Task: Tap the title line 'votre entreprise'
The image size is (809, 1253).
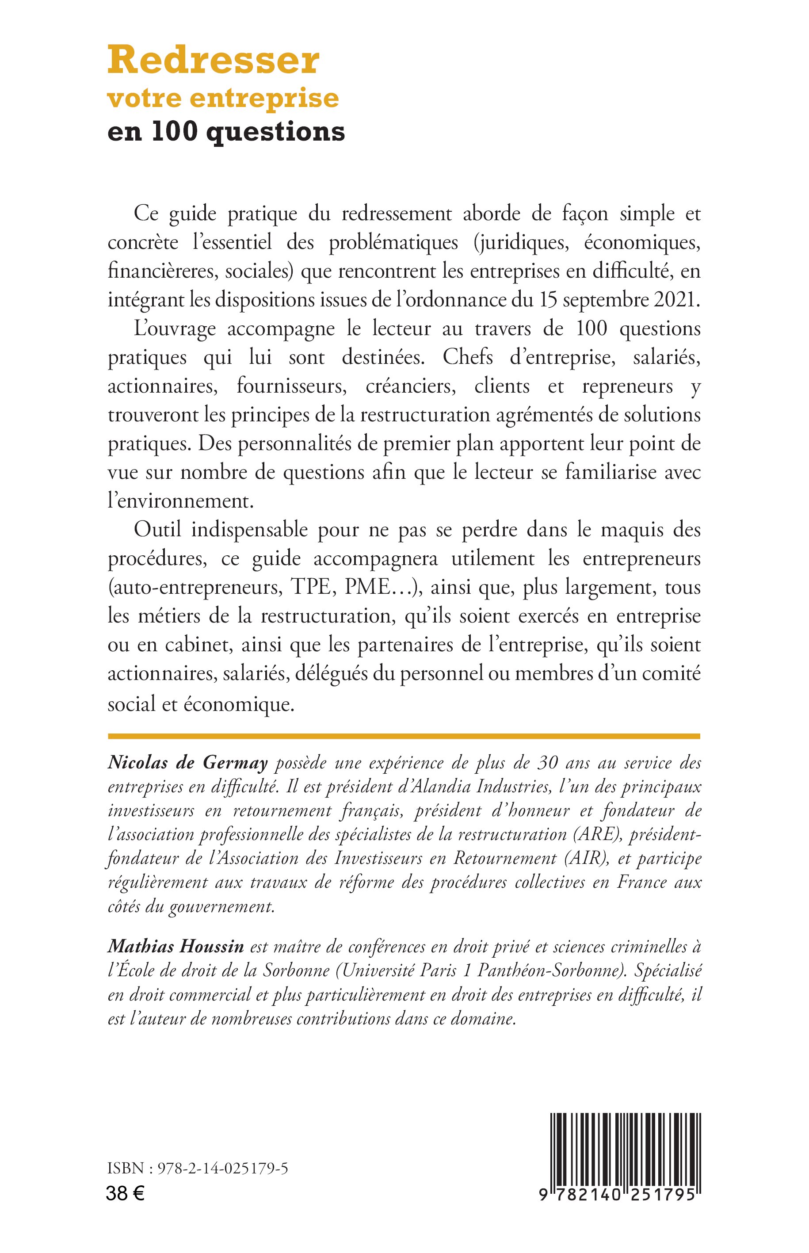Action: [223, 98]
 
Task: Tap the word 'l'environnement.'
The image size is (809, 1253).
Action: [181, 500]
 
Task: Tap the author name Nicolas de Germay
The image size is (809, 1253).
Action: [187, 763]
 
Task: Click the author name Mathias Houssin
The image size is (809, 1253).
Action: [176, 947]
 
